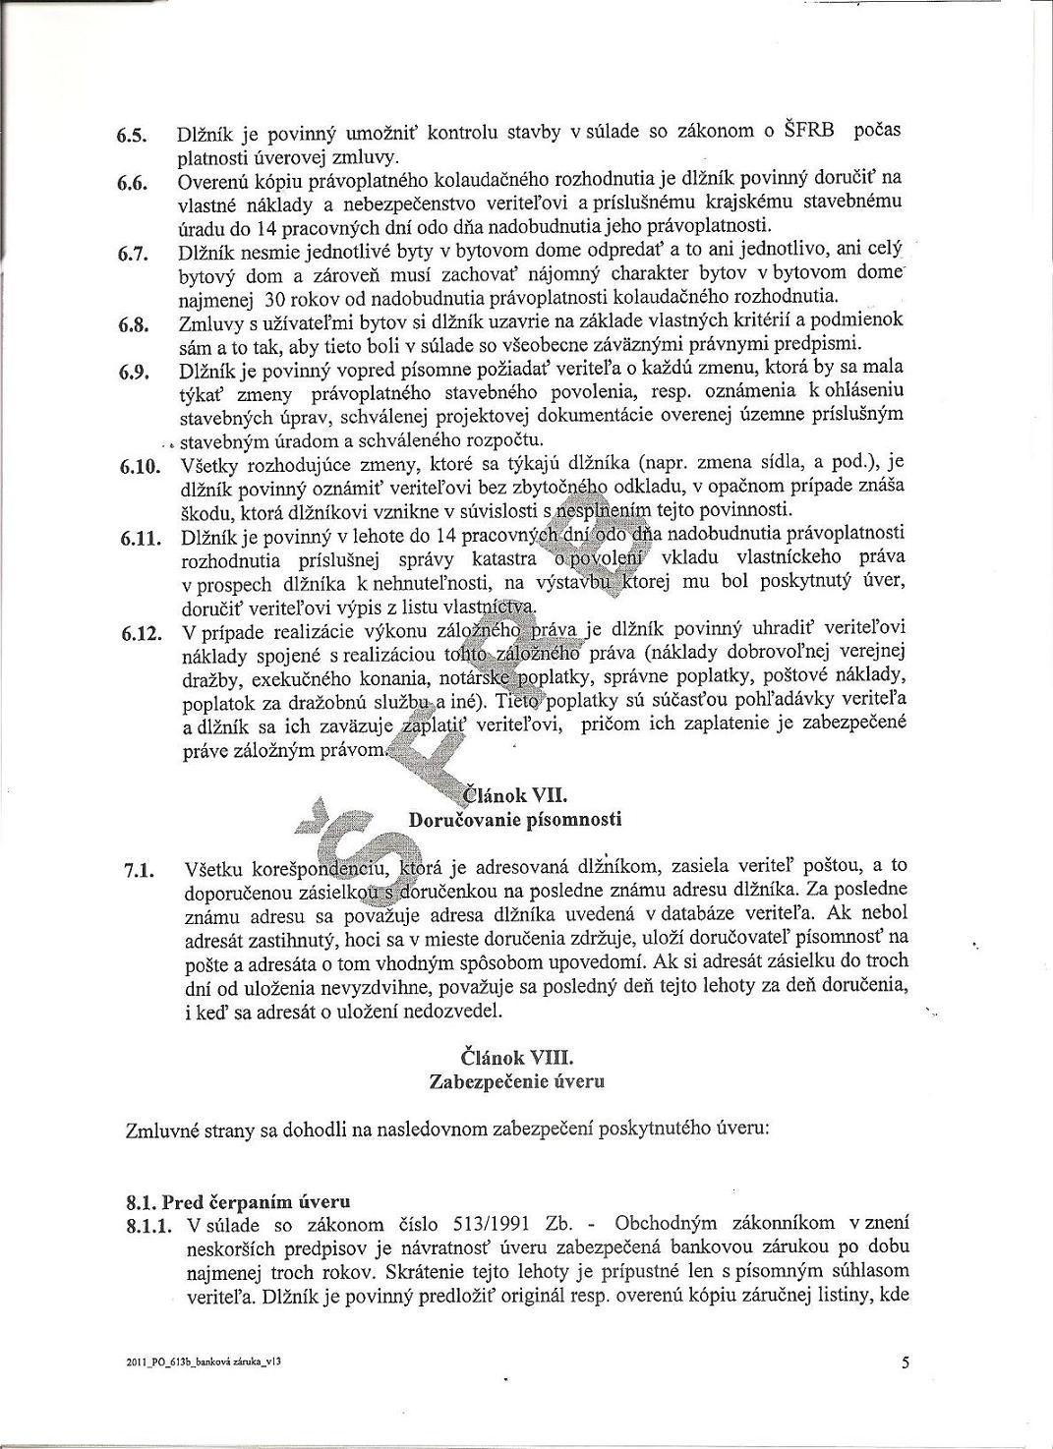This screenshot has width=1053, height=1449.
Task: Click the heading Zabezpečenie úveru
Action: [x=517, y=1081]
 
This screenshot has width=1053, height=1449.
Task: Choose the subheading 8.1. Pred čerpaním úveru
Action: [x=239, y=1202]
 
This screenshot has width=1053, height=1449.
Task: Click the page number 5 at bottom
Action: [x=905, y=1362]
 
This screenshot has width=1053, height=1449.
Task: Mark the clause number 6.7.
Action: [x=133, y=255]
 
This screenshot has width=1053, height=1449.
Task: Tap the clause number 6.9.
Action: [x=133, y=372]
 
